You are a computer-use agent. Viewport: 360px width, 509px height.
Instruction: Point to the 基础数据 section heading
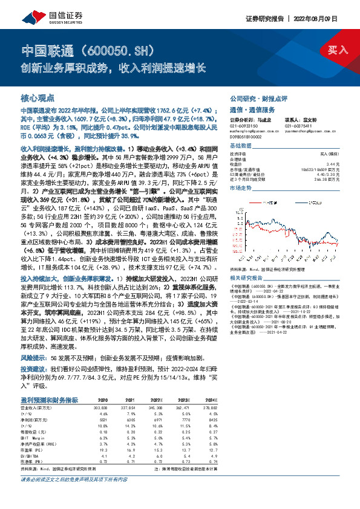click(x=241, y=146)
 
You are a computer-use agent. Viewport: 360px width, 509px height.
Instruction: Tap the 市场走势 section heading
click(x=241, y=189)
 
